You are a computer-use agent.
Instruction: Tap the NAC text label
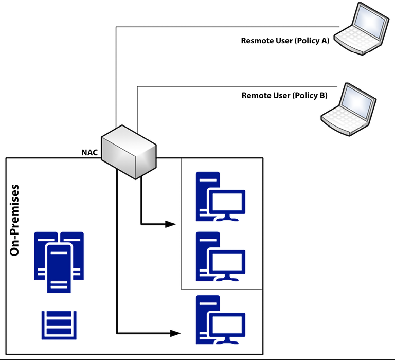coord(89,152)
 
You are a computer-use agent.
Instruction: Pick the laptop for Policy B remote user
coord(348,109)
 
